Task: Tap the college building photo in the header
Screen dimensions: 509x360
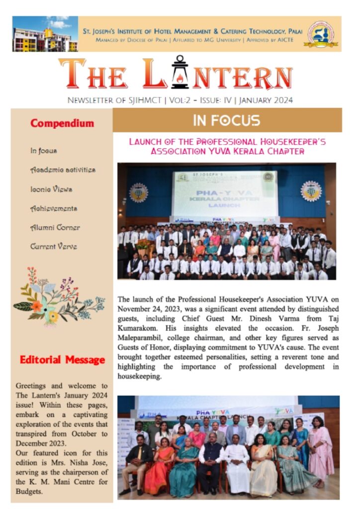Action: (45, 34)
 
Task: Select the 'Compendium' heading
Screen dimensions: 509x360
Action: (62, 123)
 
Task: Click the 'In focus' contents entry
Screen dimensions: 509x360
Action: (44, 151)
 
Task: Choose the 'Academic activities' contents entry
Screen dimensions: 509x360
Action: (63, 170)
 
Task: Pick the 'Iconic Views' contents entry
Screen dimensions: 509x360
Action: (51, 189)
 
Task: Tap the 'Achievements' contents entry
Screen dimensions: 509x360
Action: (54, 209)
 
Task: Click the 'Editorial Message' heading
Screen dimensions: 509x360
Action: (62, 360)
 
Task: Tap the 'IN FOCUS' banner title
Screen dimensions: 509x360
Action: (227, 120)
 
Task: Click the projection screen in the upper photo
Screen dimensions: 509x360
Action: (225, 194)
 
